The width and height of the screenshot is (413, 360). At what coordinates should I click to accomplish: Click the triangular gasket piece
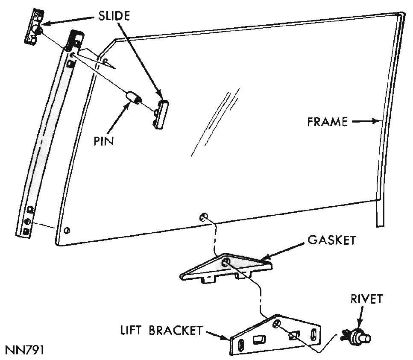click(226, 268)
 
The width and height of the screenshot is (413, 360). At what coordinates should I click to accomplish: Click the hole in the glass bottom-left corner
click(66, 231)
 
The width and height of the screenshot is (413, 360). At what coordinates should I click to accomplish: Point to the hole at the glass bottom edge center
click(203, 217)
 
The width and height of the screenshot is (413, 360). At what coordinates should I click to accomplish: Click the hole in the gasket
click(226, 261)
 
